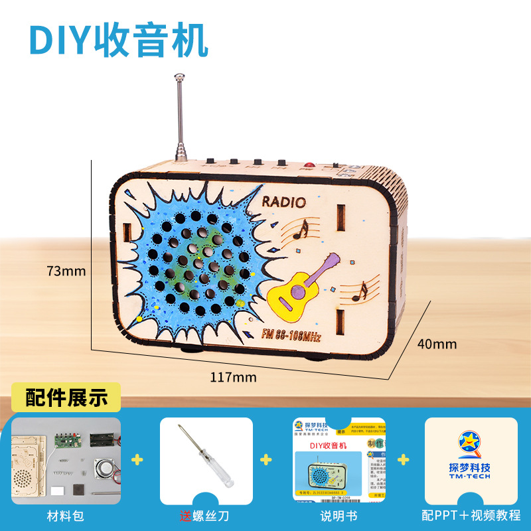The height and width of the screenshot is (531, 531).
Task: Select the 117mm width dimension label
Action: (x=224, y=378)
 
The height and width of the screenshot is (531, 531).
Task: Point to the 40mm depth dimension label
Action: (x=437, y=344)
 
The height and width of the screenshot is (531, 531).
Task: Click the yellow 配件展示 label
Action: (x=66, y=398)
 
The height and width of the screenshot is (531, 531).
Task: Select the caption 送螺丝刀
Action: (x=206, y=515)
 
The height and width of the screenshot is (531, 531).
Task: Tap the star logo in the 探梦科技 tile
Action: (x=471, y=443)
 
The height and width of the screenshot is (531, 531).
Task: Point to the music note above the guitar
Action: (x=302, y=230)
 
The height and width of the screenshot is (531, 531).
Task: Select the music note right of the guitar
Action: (x=360, y=289)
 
